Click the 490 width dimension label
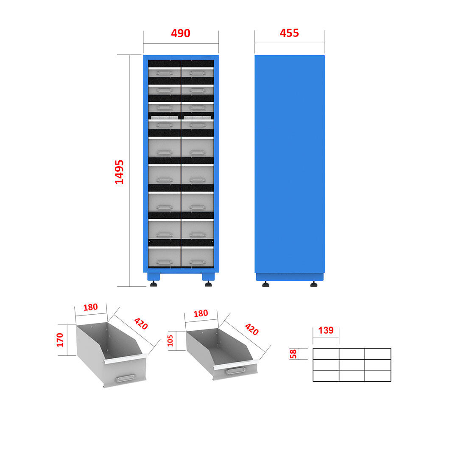pyautogui.click(x=181, y=34)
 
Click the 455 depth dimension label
pyautogui.click(x=289, y=33)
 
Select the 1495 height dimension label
pyautogui.click(x=119, y=172)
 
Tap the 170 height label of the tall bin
pyautogui.click(x=60, y=340)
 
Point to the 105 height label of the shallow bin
pyautogui.click(x=170, y=341)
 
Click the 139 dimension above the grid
pyautogui.click(x=326, y=330)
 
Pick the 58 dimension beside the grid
pyautogui.click(x=293, y=354)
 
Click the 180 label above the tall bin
pyautogui.click(x=91, y=307)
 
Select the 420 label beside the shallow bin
pyautogui.click(x=252, y=329)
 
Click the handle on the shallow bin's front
pyautogui.click(x=235, y=371)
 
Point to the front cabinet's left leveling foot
pyautogui.click(x=154, y=284)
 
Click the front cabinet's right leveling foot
pyautogui.click(x=208, y=284)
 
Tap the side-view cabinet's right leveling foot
pyautogui.click(x=314, y=284)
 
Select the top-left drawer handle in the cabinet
pyautogui.click(x=165, y=73)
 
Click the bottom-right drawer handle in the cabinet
pyautogui.click(x=198, y=262)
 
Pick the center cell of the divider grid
pyautogui.click(x=352, y=365)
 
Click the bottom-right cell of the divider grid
pyautogui.click(x=378, y=376)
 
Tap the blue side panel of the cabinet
pyautogui.click(x=290, y=164)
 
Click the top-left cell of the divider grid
pyautogui.click(x=326, y=354)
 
